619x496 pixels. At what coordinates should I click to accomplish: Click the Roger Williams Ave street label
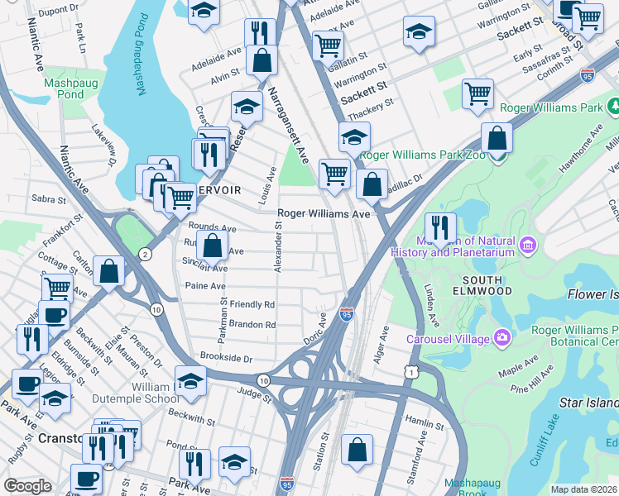(323, 213)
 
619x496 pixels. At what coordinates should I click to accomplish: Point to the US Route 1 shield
(411, 373)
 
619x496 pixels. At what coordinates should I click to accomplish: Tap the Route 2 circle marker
(146, 253)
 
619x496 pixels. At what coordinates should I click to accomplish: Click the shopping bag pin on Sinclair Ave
(213, 245)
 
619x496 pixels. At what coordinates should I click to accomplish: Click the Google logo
(28, 485)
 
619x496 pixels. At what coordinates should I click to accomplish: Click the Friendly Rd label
(252, 304)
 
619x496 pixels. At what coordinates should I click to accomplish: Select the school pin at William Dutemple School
(191, 382)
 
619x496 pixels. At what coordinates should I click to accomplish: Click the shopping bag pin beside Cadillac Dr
(373, 184)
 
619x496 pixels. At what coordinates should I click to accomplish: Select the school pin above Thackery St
(354, 136)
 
